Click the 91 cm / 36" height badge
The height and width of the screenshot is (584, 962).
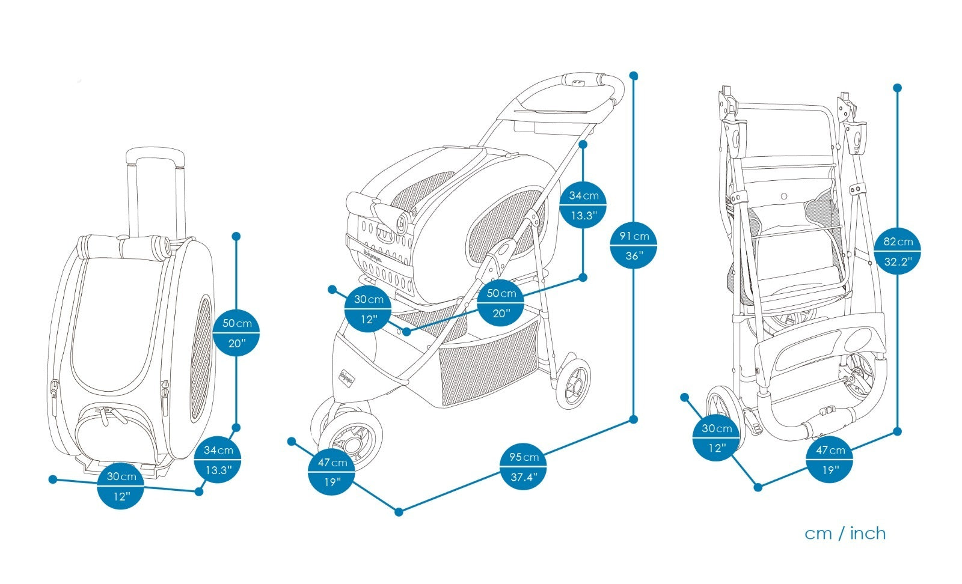633,245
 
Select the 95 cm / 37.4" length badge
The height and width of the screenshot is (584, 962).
522,467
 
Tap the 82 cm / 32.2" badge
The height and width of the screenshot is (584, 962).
897,251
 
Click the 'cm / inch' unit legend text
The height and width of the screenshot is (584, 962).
845,533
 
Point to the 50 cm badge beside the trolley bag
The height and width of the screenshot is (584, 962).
236,333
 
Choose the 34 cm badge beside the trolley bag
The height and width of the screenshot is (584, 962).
218,460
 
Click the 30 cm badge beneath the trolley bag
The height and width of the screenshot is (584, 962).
121,486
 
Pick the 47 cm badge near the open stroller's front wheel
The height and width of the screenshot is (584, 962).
332,472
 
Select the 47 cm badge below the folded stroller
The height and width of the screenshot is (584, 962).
830,460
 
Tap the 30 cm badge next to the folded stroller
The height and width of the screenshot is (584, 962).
716,437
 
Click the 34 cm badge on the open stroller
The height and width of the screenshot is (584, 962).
583,205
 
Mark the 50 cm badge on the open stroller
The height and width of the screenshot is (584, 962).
501,303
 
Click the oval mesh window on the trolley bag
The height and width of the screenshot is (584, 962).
202,358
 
